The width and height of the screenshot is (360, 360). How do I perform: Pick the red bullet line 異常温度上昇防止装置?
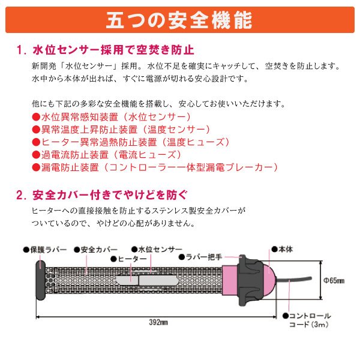pyautogui.click(x=120, y=129)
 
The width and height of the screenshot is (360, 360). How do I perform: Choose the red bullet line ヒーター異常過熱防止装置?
pyautogui.click(x=130, y=142)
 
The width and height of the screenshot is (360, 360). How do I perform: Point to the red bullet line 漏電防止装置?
pyautogui.click(x=154, y=168)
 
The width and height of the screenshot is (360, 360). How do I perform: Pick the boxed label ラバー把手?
pyautogui.click(x=205, y=257)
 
